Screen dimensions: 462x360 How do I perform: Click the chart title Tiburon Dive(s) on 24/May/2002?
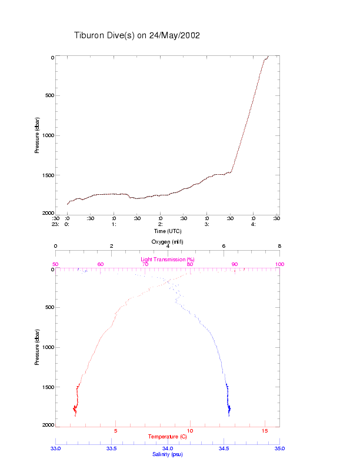137,35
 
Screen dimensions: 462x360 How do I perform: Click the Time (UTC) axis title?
167,231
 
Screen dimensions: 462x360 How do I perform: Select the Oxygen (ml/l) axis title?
167,241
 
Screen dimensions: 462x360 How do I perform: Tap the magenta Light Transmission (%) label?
167,260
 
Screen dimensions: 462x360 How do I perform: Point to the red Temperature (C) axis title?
167,437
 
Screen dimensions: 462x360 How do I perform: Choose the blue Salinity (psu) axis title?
167,454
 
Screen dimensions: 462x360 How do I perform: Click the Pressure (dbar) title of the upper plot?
37,136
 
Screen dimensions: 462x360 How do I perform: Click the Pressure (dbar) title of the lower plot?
37,347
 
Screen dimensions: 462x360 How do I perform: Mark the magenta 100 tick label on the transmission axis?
279,265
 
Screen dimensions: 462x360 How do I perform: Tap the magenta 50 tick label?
55,265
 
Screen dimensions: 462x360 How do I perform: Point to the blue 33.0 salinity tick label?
55,448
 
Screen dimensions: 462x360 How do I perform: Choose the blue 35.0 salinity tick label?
279,448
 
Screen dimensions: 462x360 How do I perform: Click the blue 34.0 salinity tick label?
167,448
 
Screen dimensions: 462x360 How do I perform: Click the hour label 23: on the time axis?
55,224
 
